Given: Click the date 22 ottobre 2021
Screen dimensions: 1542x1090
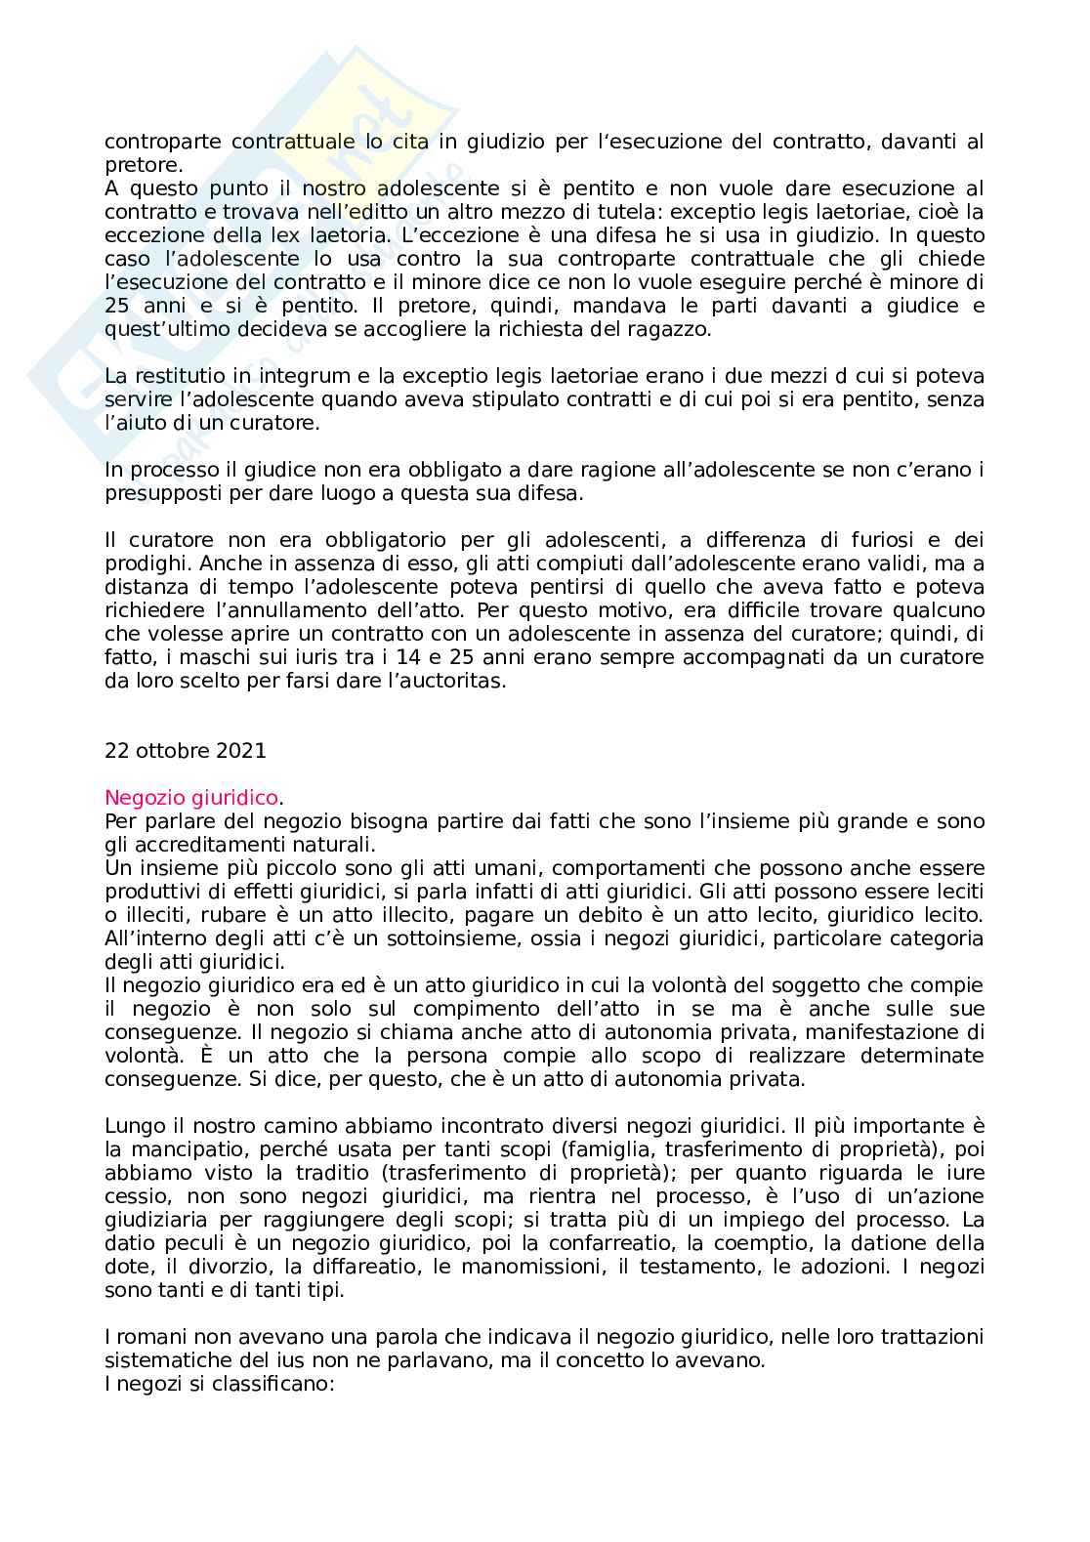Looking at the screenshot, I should click(x=185, y=751).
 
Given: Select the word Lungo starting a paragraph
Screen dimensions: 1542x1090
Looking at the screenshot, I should click(x=131, y=1126).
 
